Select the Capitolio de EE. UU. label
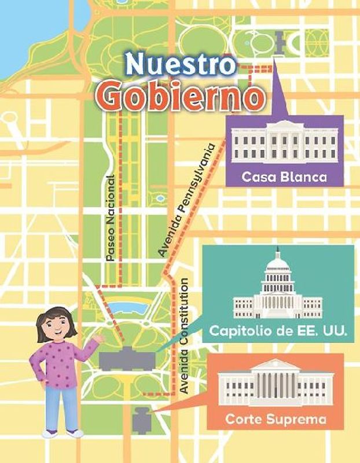(x=277, y=332)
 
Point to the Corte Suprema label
(x=275, y=418)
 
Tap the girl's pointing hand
(x=98, y=337)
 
